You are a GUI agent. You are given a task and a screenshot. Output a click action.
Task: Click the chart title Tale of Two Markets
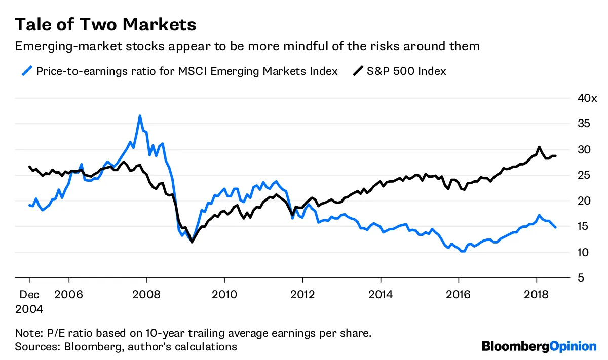[105, 24]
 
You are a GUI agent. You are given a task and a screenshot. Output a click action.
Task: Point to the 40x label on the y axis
[587, 98]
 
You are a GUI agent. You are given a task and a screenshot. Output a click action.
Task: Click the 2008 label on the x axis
[147, 294]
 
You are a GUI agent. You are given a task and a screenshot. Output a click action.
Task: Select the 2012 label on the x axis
[302, 294]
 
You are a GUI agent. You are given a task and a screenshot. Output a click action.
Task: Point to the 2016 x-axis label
[458, 294]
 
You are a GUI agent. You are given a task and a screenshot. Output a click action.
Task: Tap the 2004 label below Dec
[29, 308]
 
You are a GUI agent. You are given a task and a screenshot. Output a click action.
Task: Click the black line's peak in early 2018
[539, 147]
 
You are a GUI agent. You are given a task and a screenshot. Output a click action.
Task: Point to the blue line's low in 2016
[462, 251]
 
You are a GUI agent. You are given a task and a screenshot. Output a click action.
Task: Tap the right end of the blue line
[556, 227]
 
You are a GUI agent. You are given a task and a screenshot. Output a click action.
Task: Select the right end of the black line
[556, 156]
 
